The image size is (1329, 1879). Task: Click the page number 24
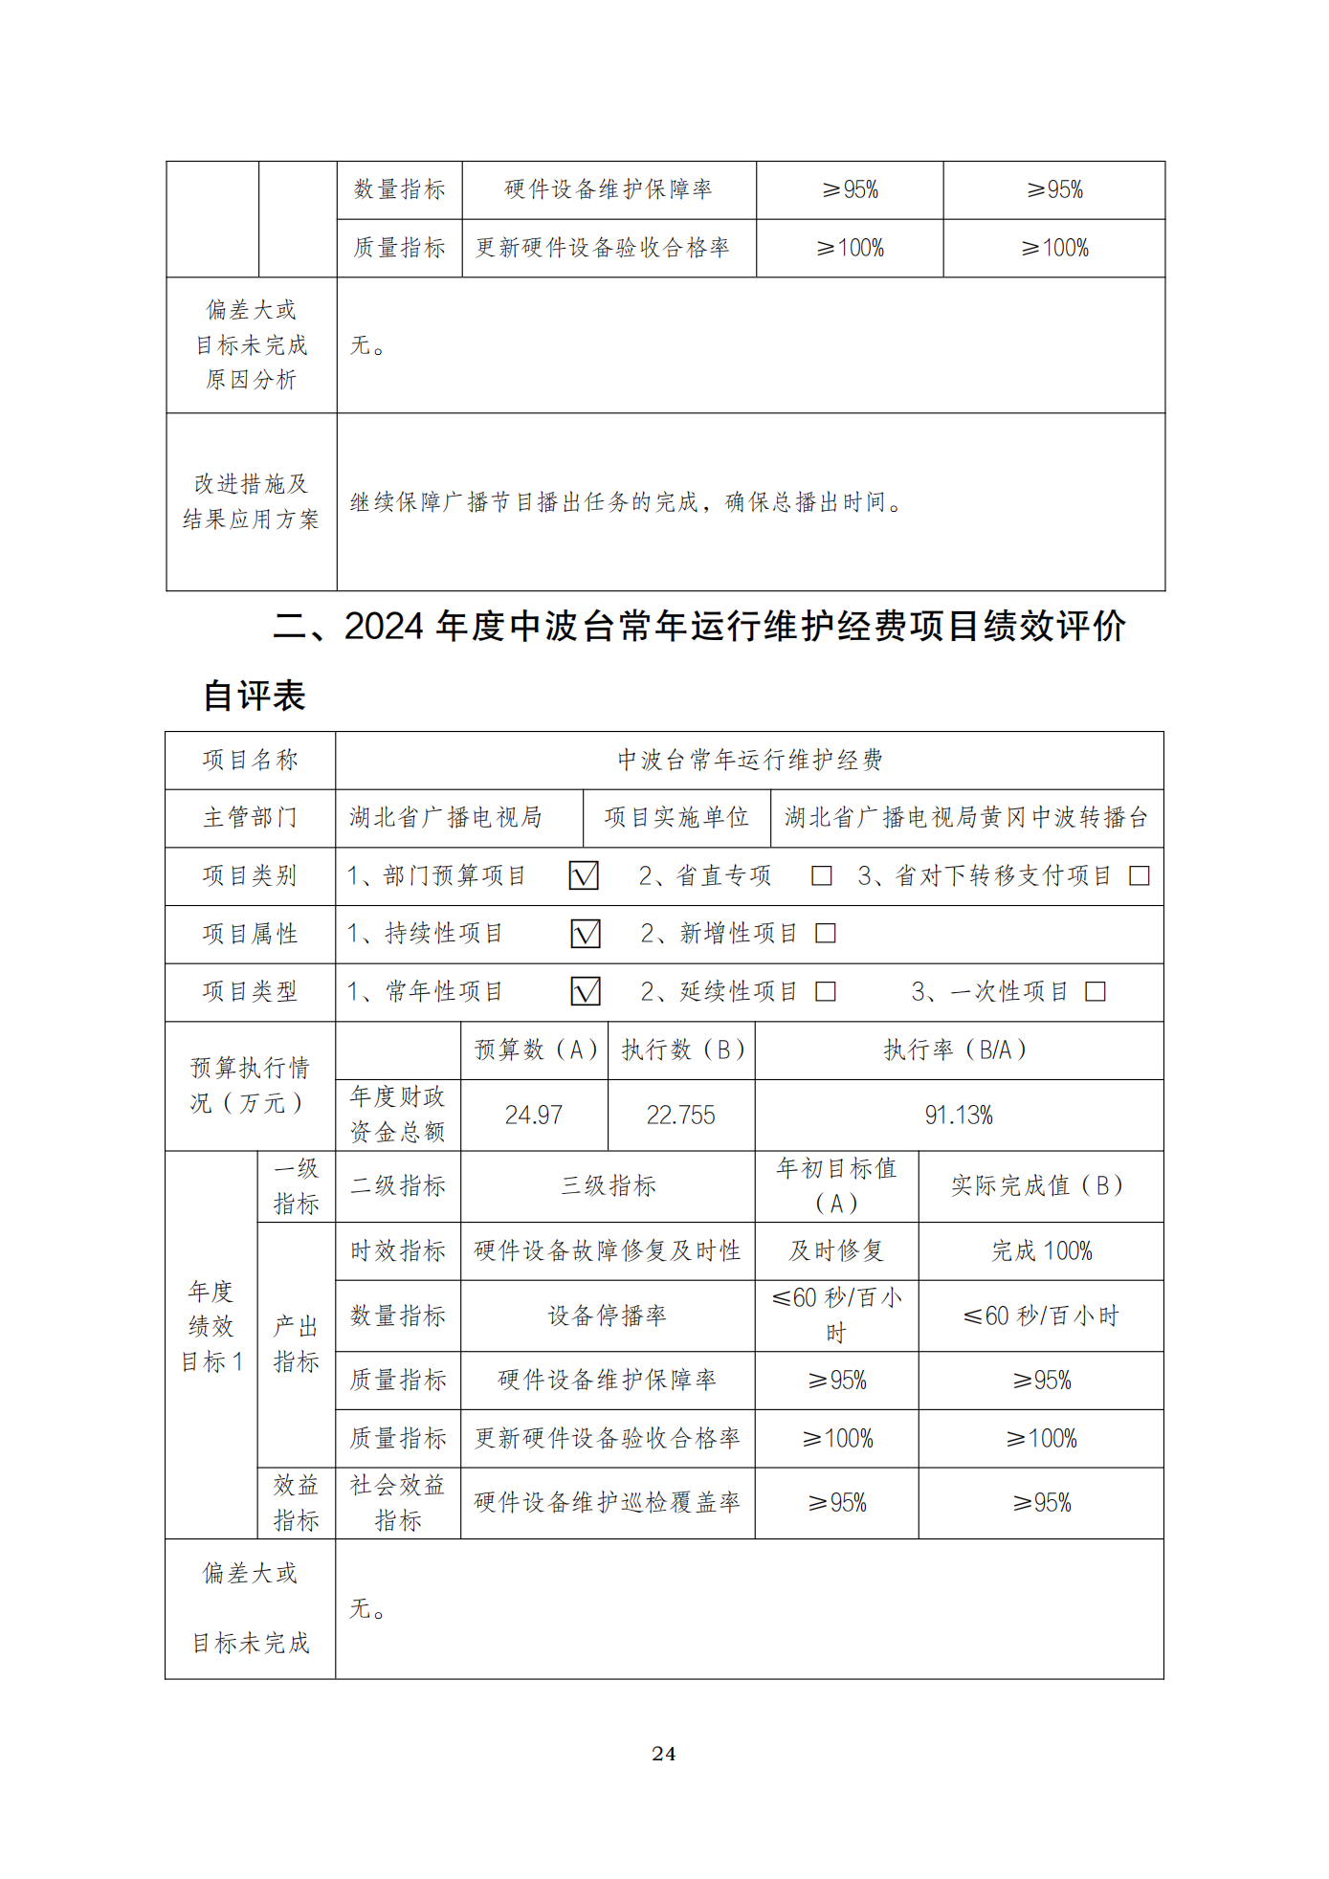click(x=663, y=1753)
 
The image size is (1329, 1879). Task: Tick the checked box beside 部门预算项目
click(x=584, y=875)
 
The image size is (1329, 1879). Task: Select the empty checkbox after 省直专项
click(x=821, y=875)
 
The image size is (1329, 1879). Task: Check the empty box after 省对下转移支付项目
click(x=1139, y=875)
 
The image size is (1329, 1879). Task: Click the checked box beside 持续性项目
click(x=585, y=934)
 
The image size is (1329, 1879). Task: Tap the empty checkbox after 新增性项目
click(x=825, y=934)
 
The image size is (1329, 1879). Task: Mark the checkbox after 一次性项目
click(x=1096, y=991)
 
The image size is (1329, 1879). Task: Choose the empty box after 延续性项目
click(x=825, y=991)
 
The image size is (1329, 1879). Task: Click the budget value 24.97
click(x=533, y=1115)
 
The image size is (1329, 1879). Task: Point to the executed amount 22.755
click(x=680, y=1115)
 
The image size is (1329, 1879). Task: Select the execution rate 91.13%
click(x=959, y=1115)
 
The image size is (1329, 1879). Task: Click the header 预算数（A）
click(x=535, y=1050)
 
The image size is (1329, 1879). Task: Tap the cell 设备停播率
click(x=607, y=1315)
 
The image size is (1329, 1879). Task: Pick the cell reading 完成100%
click(x=1041, y=1250)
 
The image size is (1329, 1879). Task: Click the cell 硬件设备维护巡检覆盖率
click(x=607, y=1502)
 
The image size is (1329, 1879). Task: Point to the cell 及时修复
click(x=836, y=1250)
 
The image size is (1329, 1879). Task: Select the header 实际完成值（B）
click(x=1041, y=1185)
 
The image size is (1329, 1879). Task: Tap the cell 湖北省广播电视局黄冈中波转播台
click(x=966, y=817)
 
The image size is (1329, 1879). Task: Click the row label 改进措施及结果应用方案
click(x=251, y=501)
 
